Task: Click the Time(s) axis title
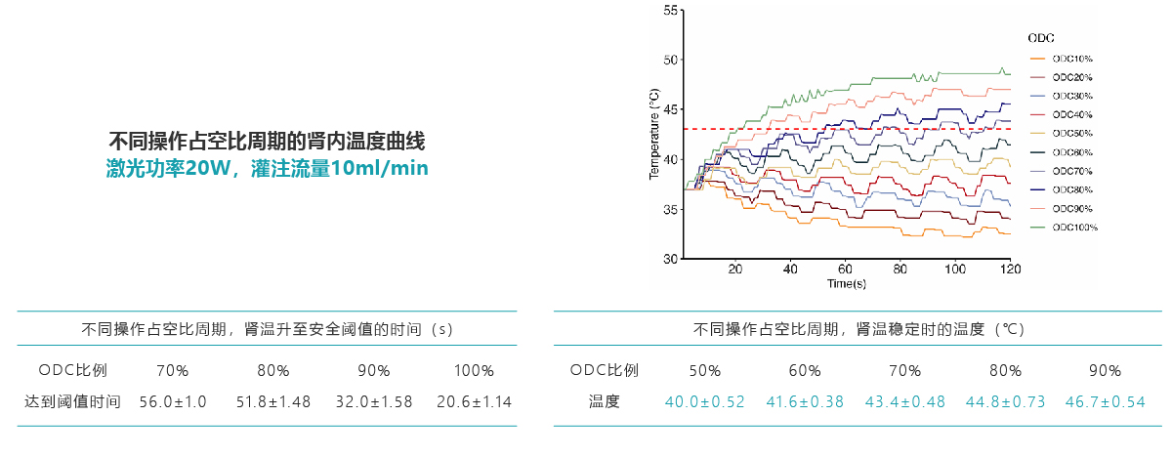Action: (x=846, y=284)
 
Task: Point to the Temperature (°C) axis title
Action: (x=653, y=134)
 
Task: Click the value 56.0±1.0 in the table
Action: (x=173, y=401)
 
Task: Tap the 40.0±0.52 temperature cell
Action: (x=704, y=401)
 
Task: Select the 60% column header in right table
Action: (x=804, y=371)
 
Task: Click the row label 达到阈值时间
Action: (x=72, y=401)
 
